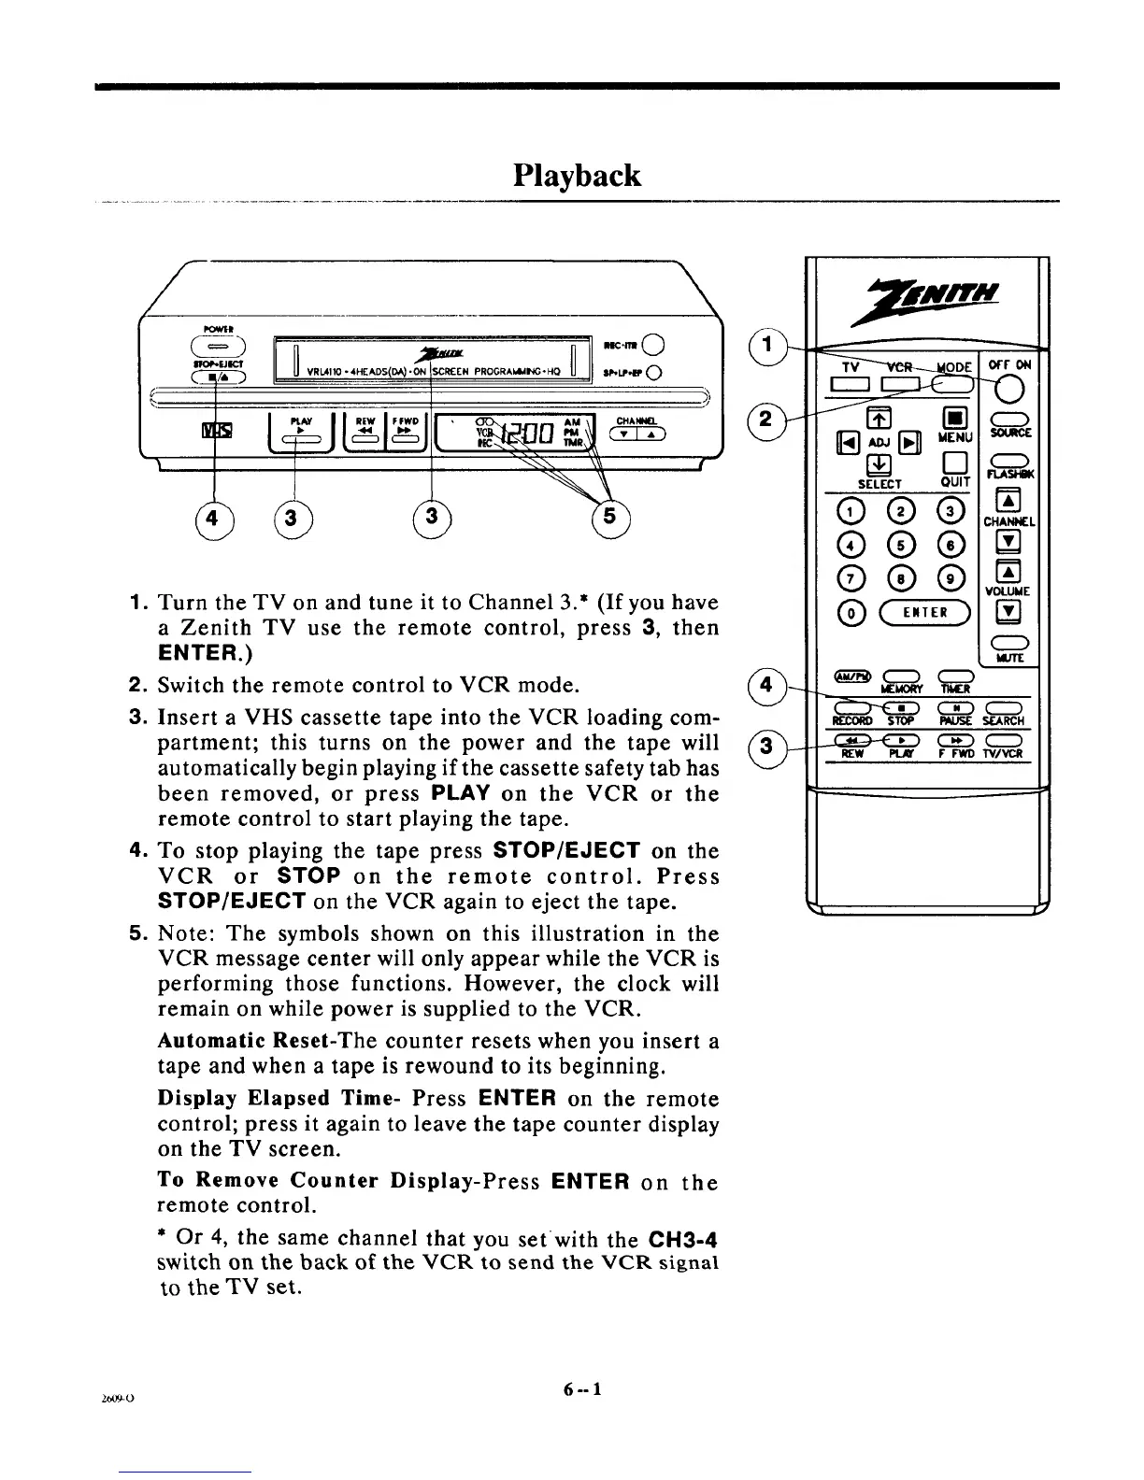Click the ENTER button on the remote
point(922,613)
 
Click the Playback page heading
point(577,175)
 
